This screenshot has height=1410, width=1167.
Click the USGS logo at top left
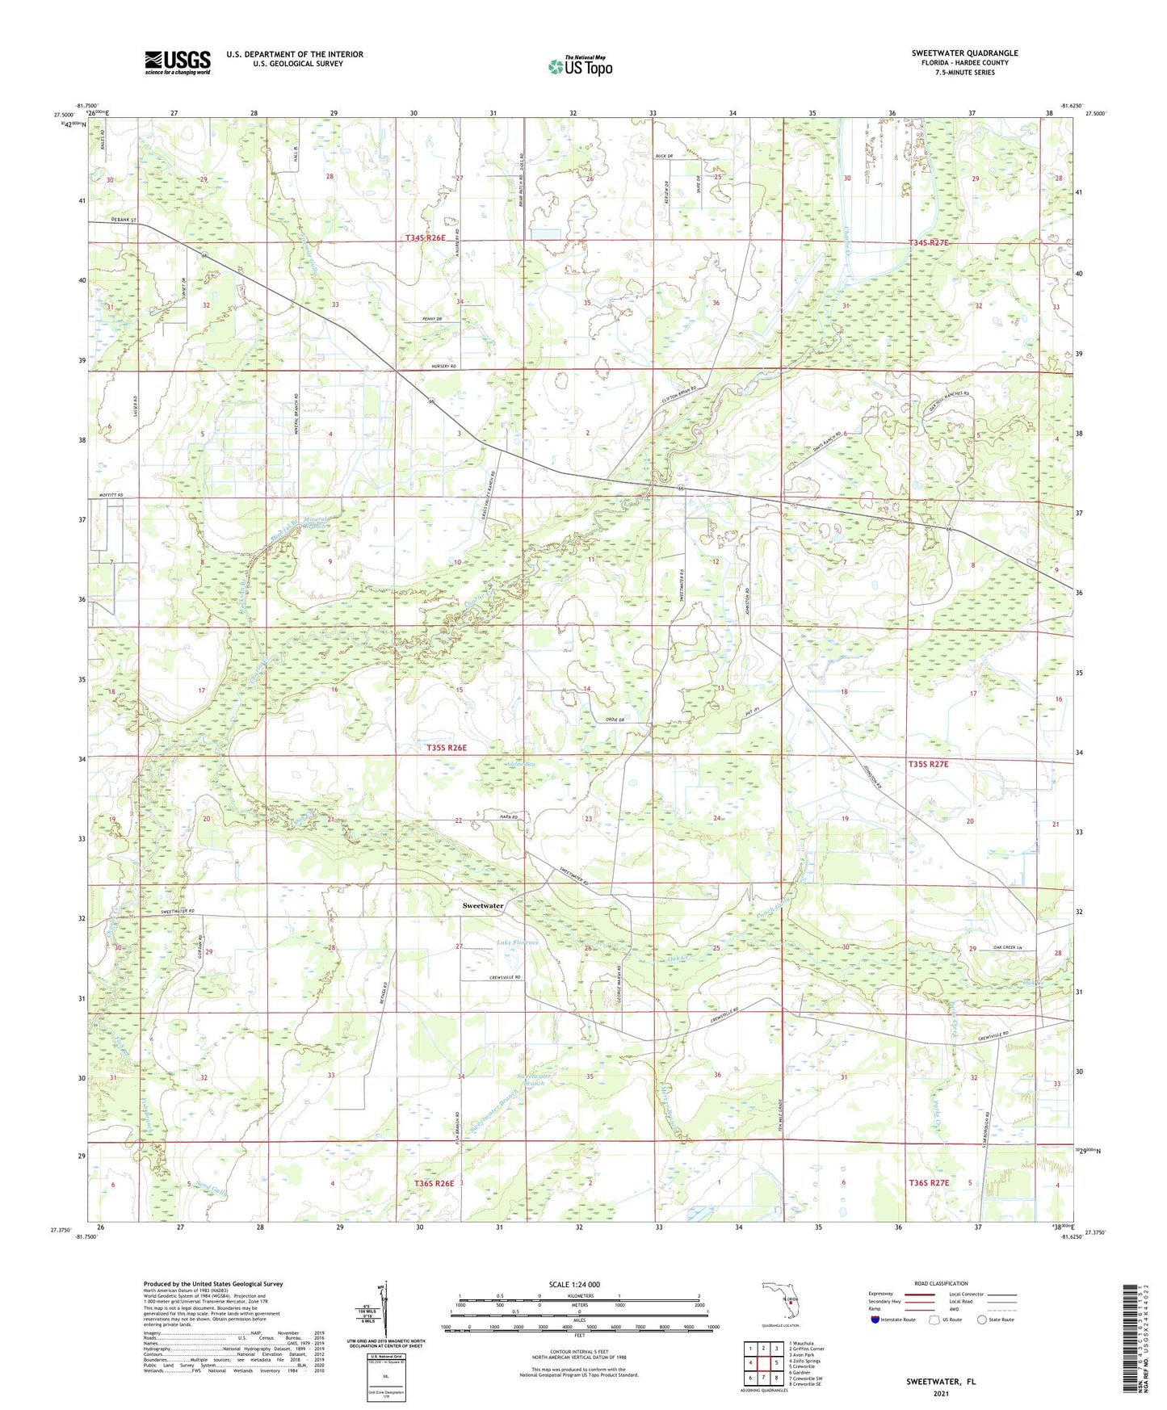click(178, 62)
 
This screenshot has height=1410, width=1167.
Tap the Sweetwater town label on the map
click(483, 905)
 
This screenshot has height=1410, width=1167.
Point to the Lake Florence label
click(518, 942)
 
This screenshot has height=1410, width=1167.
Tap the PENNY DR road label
click(432, 319)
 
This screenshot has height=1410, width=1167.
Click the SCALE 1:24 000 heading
click(573, 1284)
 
